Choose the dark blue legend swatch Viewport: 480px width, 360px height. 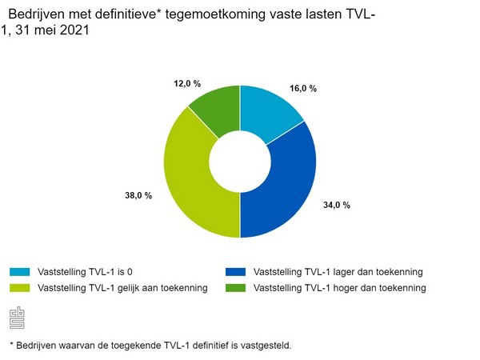[x=236, y=272]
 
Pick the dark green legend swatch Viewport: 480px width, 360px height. [x=236, y=287]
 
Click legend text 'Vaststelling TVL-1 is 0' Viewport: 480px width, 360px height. [x=90, y=272]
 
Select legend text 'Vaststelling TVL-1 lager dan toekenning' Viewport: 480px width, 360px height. [x=338, y=272]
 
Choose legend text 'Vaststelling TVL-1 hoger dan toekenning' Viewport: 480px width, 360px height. [x=339, y=287]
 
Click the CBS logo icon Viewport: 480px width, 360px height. [x=17, y=318]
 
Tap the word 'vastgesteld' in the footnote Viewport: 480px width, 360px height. [x=266, y=346]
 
